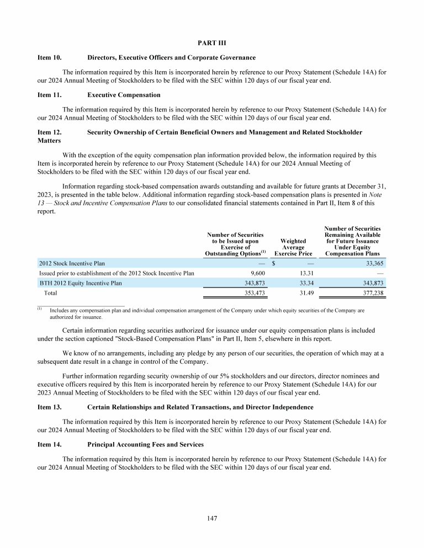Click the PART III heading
click(x=212, y=42)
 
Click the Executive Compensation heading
click(x=124, y=95)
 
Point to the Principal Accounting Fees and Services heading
click(x=145, y=444)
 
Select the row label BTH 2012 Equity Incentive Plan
click(x=81, y=283)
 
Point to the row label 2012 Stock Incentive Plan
click(x=72, y=263)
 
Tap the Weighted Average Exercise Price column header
click(x=293, y=247)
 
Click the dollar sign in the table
click(x=274, y=263)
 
